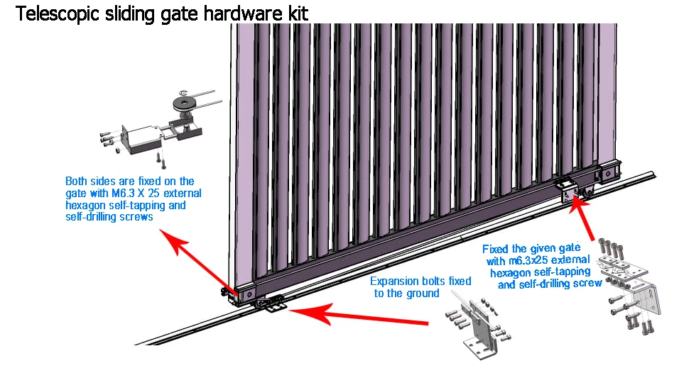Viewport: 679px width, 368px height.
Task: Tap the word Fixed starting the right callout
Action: click(x=497, y=249)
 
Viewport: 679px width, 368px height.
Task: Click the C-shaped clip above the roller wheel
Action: click(x=183, y=90)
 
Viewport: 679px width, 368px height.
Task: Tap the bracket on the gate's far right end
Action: click(x=609, y=172)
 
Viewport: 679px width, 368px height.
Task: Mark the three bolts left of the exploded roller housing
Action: click(x=108, y=138)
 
